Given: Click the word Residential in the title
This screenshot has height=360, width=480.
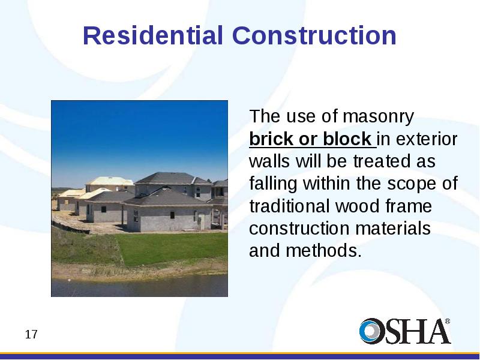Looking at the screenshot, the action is [153, 35].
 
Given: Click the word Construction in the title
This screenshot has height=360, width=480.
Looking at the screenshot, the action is [314, 35].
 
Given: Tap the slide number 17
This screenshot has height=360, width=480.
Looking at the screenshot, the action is [31, 335].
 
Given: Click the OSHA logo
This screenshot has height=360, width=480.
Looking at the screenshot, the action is [404, 331].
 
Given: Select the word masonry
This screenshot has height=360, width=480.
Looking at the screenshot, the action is [378, 116].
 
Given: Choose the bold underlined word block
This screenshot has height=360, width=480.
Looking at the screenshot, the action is [347, 139].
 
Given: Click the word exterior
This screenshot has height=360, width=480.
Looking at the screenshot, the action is [427, 139].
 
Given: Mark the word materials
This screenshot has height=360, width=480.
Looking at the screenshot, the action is [393, 229].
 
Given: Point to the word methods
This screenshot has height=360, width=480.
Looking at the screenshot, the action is [324, 250].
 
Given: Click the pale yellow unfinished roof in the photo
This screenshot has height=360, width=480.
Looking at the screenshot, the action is [110, 181].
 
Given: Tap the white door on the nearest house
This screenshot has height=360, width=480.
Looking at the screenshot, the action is [201, 221].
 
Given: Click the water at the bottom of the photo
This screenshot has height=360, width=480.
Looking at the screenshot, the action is [139, 286].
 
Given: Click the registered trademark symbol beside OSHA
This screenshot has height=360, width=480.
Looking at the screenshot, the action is [447, 322].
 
